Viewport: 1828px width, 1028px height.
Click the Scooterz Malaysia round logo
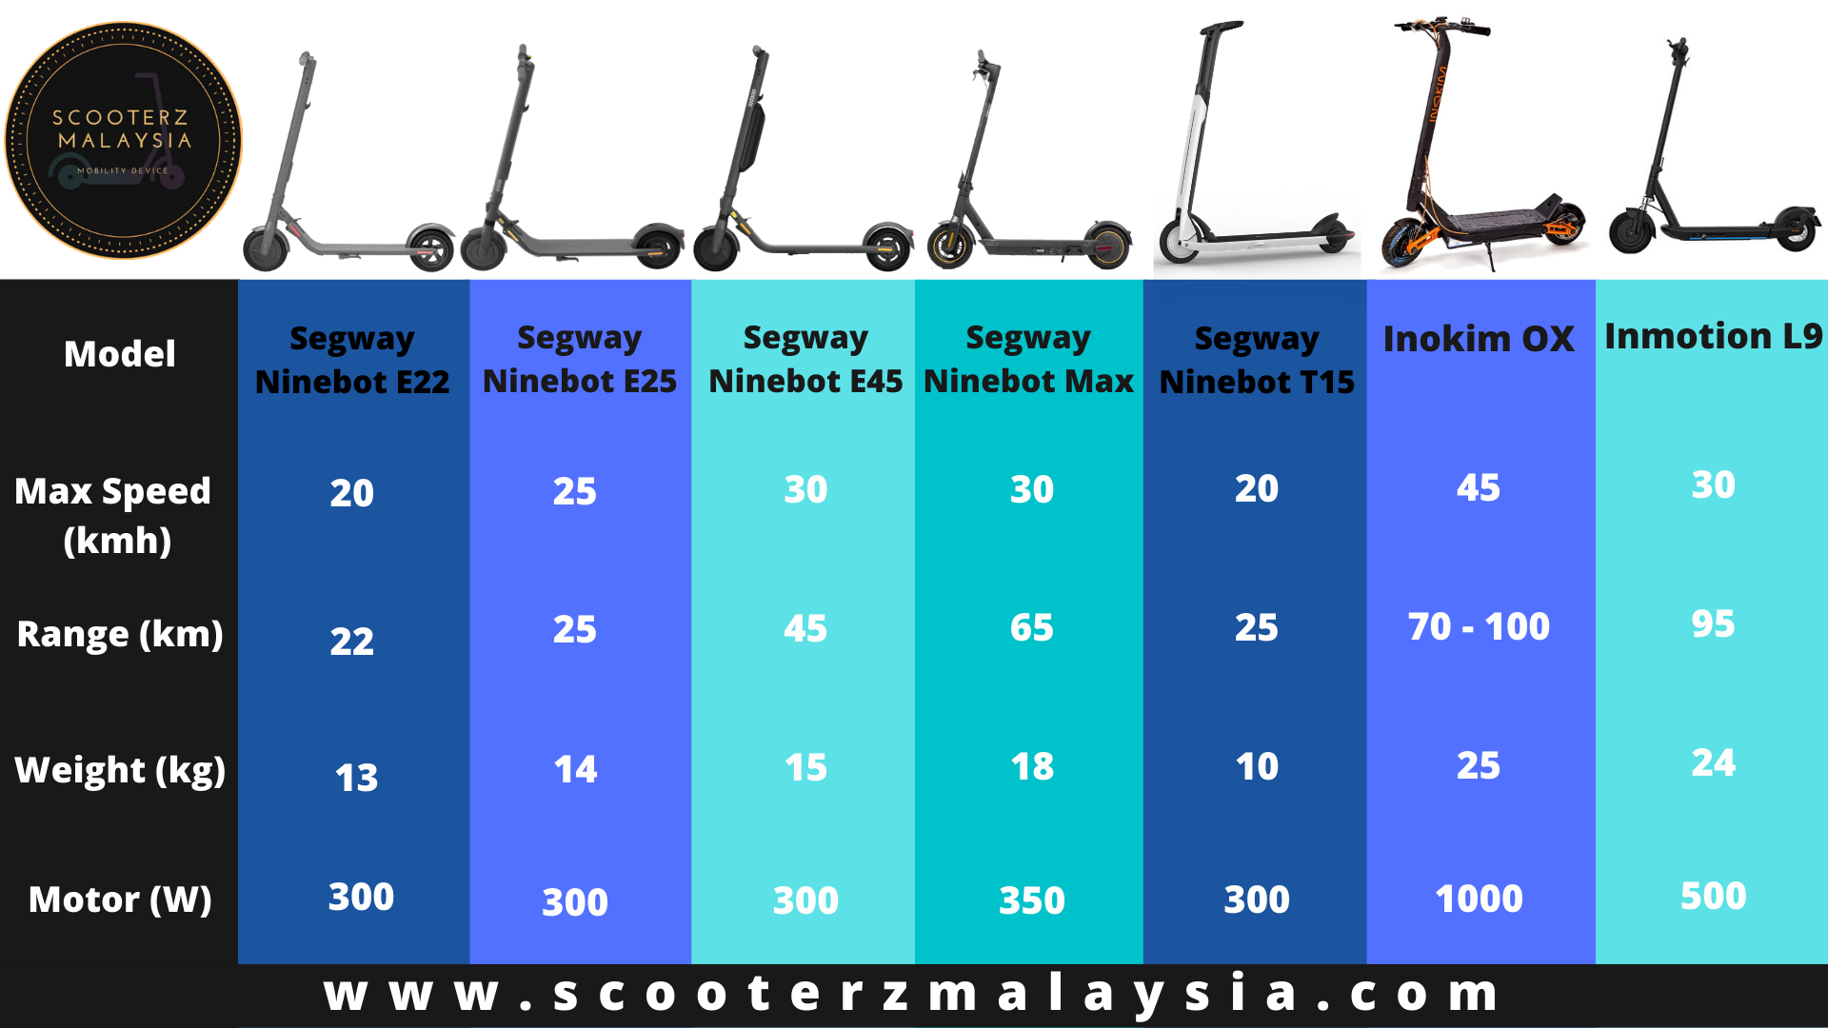(124, 141)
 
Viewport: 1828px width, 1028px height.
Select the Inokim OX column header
(1479, 339)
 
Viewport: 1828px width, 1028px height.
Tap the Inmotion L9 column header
(1713, 336)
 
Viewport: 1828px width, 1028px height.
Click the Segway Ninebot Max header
(1028, 359)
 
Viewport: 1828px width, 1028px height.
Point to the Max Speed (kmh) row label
(113, 516)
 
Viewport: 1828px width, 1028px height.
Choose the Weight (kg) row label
(120, 770)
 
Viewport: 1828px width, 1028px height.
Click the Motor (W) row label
(120, 899)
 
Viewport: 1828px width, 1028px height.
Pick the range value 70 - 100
(1479, 626)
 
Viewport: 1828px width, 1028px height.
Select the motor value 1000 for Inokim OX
(1479, 899)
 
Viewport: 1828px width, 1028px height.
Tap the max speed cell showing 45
(1479, 487)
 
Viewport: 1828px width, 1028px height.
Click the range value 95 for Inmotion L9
(1713, 623)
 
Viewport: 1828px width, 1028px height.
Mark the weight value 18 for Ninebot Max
(1032, 766)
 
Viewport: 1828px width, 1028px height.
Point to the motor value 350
(1032, 900)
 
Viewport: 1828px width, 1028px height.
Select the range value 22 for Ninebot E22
(352, 641)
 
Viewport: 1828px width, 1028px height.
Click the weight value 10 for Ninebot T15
(1257, 766)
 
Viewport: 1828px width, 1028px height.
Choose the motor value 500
(1713, 896)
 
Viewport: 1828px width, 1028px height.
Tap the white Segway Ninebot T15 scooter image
(1255, 143)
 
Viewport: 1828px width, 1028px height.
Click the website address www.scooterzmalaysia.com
(912, 993)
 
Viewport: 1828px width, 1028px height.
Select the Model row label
(120, 354)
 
